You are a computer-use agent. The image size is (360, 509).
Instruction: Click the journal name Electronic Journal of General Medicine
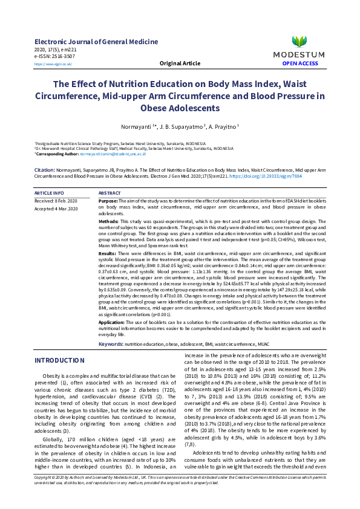[96, 42]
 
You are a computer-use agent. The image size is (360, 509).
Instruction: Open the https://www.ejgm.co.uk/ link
[53, 63]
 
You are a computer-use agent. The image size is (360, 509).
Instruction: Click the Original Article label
[180, 63]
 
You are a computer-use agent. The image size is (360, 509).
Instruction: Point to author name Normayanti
[137, 127]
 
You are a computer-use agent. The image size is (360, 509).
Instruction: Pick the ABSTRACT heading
[110, 192]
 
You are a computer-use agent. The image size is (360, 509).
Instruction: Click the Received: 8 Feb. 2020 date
[56, 199]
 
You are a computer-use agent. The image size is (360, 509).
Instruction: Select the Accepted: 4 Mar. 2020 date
[56, 208]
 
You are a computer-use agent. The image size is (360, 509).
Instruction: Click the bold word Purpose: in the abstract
[108, 199]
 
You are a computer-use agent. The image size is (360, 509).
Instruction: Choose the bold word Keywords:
[111, 343]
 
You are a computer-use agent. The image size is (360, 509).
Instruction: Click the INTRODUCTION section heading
[59, 360]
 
